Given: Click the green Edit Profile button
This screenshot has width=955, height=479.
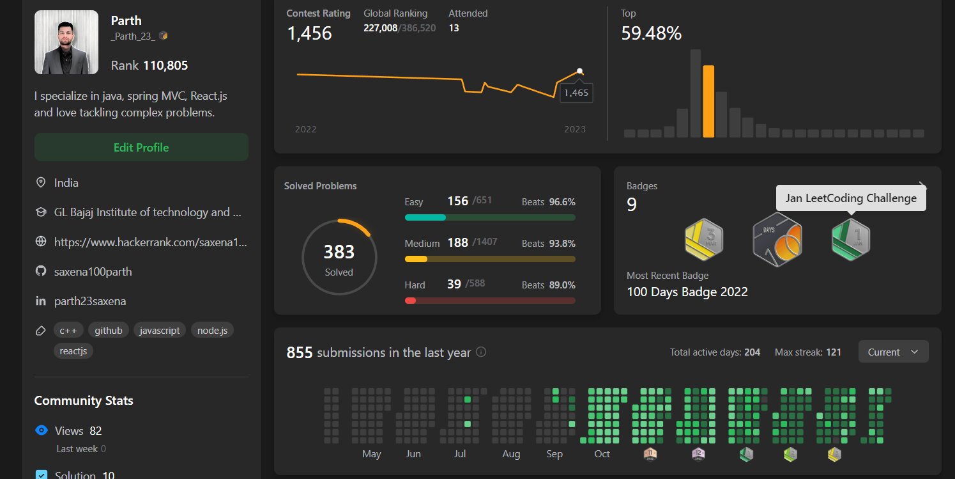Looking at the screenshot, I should pos(141,147).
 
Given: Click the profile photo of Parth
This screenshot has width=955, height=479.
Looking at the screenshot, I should pos(66,42).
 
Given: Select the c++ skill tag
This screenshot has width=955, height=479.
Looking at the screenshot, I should pos(68,331).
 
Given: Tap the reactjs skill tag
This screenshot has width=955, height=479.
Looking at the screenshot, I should pos(73,351).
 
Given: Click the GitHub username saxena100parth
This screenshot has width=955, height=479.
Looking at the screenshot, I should pos(93,272).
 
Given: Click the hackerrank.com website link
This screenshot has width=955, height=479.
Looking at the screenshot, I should pos(150,242).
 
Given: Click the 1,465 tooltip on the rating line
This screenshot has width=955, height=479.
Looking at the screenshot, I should pos(576,93).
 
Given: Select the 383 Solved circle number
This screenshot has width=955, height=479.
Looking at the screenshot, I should pos(339,252).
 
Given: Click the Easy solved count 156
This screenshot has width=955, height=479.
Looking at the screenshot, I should pos(457,201).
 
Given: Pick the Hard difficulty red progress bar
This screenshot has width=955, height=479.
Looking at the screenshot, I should pos(490,301).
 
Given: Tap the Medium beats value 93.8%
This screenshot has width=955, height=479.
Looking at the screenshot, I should pos(562,243).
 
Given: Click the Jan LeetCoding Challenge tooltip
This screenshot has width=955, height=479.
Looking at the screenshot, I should pos(851,198).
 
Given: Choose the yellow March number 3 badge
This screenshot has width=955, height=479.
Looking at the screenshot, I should pos(703,240).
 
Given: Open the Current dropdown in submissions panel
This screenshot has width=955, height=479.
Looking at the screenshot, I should pos(893,352).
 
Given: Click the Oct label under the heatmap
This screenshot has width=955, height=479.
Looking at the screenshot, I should pos(602,454).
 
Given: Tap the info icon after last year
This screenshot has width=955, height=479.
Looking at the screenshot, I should pos(482,352).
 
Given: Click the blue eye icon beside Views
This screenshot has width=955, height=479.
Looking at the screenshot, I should pos(42,430).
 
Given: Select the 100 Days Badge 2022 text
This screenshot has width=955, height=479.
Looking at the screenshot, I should pos(687,292).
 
